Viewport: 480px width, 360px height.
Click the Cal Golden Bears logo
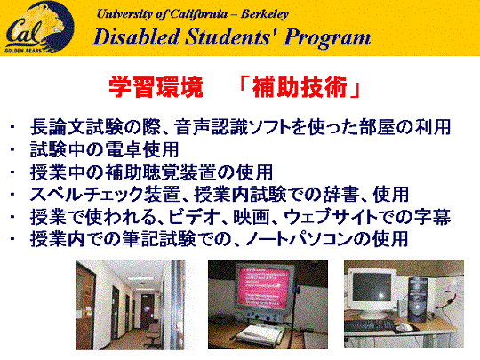click(x=39, y=28)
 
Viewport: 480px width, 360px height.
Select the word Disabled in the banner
click(x=136, y=37)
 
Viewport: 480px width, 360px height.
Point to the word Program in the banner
click(x=327, y=38)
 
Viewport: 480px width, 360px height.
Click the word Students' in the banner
click(x=229, y=37)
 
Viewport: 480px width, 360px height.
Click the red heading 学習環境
click(x=156, y=87)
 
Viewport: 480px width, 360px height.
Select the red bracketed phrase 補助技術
click(x=300, y=87)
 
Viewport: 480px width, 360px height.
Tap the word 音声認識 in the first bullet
click(x=212, y=127)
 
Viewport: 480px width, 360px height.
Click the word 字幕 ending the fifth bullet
click(x=433, y=217)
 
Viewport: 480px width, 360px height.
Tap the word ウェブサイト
click(x=331, y=217)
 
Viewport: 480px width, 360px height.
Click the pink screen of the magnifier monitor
click(x=264, y=287)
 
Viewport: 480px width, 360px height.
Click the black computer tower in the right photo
click(x=418, y=300)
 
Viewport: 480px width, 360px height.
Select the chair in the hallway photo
click(x=152, y=334)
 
